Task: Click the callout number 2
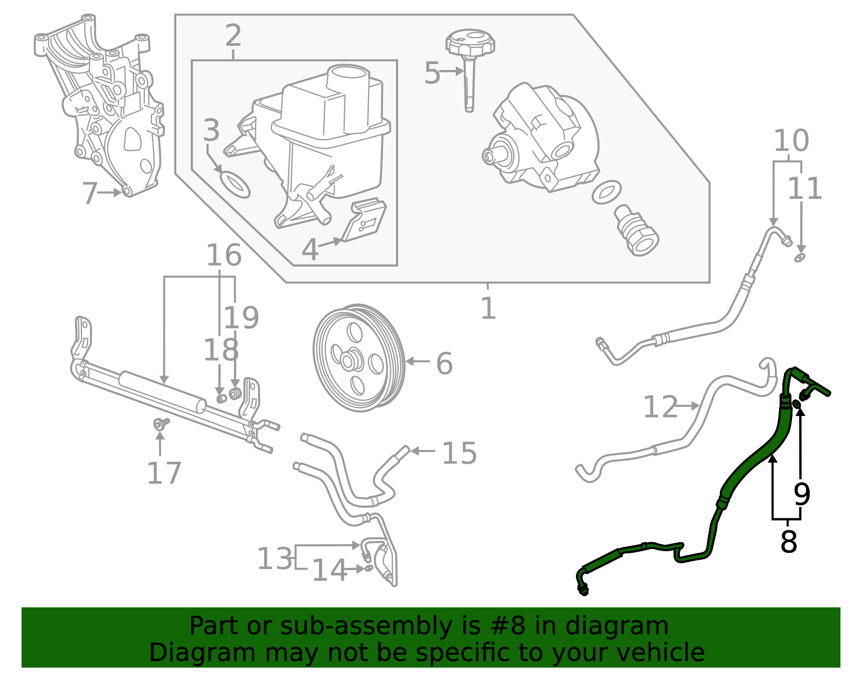pos(233,36)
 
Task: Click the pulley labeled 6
pos(358,358)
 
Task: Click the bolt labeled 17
pos(160,424)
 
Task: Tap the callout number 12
pos(660,407)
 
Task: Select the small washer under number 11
pos(800,258)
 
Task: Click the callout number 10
pos(791,141)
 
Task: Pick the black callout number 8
pos(788,542)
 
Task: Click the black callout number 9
pos(802,494)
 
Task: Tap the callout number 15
pos(459,453)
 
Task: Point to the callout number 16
pos(224,255)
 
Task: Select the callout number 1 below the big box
pos(488,308)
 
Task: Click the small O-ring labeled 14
pos(369,568)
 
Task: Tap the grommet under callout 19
pos(235,393)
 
